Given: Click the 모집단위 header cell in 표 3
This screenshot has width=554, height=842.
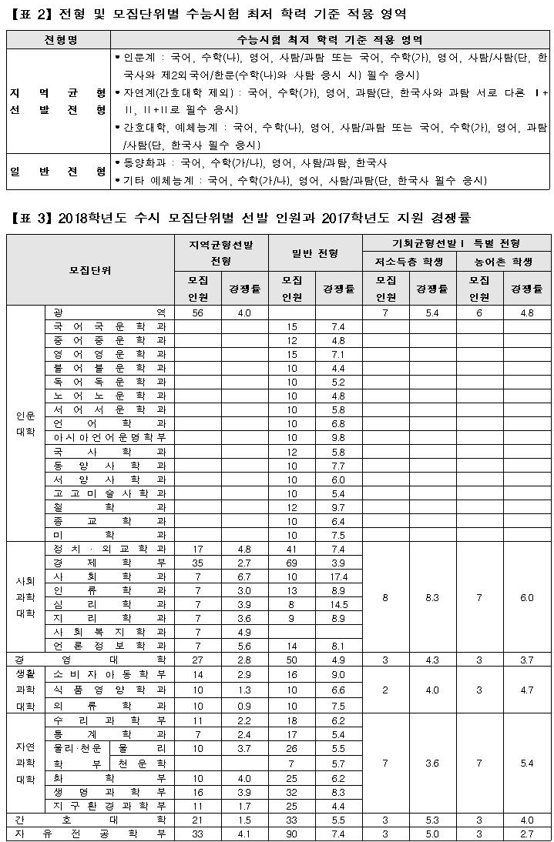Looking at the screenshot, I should pyautogui.click(x=91, y=270).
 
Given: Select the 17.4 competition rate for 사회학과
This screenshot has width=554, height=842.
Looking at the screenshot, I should pyautogui.click(x=338, y=576).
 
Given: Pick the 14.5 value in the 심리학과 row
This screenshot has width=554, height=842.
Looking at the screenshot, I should pyautogui.click(x=338, y=604).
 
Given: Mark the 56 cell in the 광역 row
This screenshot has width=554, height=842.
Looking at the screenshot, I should pyautogui.click(x=199, y=312).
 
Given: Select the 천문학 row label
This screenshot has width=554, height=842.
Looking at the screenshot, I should pyautogui.click(x=141, y=763).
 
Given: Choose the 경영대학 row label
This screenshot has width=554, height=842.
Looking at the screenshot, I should pyautogui.click(x=91, y=660).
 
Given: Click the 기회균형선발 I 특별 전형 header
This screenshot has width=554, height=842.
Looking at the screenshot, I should pyautogui.click(x=456, y=243).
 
